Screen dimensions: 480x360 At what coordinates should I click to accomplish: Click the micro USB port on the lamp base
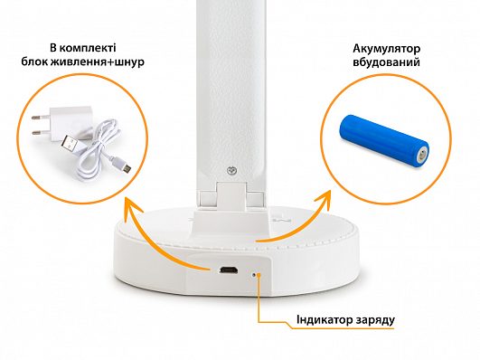pyautogui.click(x=229, y=270)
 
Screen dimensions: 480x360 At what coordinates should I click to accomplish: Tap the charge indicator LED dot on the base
pyautogui.click(x=253, y=275)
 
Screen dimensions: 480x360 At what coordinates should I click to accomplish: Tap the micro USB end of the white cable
pyautogui.click(x=125, y=166)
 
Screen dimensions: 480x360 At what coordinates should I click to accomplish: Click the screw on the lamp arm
pyautogui.click(x=231, y=171)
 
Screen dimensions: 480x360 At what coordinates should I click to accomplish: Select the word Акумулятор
pyautogui.click(x=386, y=49)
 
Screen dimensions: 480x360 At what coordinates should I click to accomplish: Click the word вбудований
pyautogui.click(x=386, y=62)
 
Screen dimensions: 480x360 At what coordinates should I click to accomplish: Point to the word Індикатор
pyautogui.click(x=325, y=319)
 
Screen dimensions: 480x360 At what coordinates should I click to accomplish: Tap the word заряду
pyautogui.click(x=375, y=320)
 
